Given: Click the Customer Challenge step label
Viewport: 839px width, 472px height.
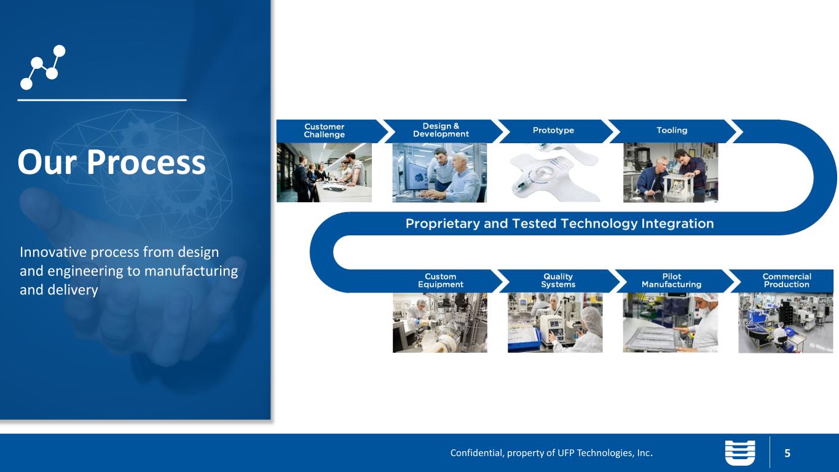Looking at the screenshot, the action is [x=325, y=130].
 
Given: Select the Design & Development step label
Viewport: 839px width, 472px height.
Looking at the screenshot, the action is [x=441, y=130].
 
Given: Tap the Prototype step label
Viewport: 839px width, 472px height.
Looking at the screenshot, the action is [x=553, y=130].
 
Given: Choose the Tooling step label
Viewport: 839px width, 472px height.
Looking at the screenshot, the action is [x=672, y=130].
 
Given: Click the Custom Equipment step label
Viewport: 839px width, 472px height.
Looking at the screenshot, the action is [x=441, y=280].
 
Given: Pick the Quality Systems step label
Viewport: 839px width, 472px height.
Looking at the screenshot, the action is [x=558, y=280].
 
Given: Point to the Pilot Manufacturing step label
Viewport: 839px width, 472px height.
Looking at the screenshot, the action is [x=672, y=280].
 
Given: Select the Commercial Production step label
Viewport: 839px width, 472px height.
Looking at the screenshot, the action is [x=787, y=280].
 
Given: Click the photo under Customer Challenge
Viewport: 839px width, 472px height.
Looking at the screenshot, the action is [x=325, y=173].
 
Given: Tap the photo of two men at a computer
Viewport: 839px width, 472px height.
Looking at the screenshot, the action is [x=439, y=173].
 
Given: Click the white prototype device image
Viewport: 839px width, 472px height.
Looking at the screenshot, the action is [x=555, y=173].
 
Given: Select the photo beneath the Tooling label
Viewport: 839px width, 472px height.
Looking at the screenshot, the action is [x=671, y=173].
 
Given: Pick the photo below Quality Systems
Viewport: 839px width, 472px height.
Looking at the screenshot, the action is [x=555, y=323].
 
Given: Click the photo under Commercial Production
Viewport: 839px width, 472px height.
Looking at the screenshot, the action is [x=786, y=323].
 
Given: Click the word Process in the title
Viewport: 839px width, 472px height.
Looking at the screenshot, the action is [x=146, y=162].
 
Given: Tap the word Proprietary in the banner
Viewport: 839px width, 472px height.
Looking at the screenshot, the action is [x=443, y=224].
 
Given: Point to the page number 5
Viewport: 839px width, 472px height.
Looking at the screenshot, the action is [x=787, y=454].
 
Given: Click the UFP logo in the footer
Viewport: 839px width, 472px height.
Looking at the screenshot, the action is [x=740, y=453].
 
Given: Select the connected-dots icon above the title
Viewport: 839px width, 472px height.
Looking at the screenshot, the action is [x=42, y=68].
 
